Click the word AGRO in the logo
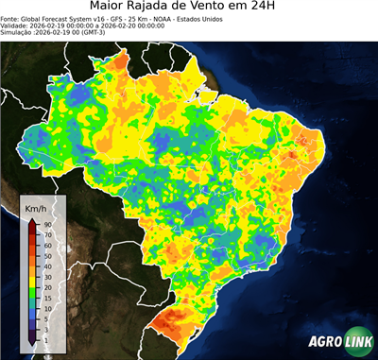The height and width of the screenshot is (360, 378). tap(324, 344)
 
